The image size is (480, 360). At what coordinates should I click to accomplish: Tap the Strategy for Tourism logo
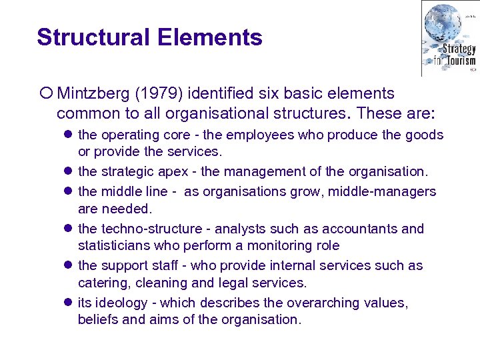[449, 38]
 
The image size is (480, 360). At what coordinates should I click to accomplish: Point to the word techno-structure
[142, 229]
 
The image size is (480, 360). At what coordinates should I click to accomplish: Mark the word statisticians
[110, 246]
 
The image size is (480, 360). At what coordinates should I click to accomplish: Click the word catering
[101, 283]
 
